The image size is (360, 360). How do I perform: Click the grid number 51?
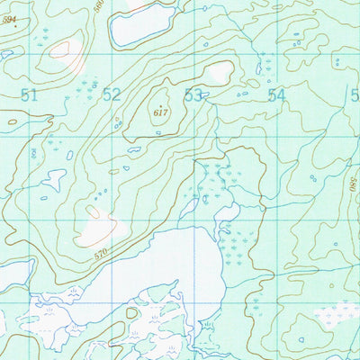click(30, 94)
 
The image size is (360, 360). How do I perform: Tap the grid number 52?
click(112, 94)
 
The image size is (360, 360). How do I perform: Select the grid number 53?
click(193, 94)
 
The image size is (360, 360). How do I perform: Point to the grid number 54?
click(275, 94)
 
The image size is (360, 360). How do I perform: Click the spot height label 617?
click(161, 112)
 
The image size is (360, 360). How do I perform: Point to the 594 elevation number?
click(8, 19)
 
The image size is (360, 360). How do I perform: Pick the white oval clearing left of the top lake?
click(63, 49)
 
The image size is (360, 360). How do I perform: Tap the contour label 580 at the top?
click(98, 8)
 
